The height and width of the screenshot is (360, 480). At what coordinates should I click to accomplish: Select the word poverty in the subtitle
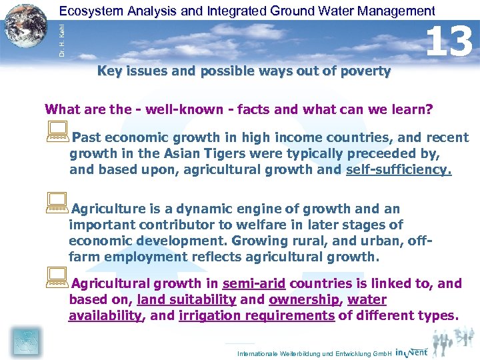[367, 71]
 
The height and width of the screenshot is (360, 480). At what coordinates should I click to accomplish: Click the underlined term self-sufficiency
[399, 169]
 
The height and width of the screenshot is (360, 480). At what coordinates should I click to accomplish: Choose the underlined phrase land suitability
[186, 299]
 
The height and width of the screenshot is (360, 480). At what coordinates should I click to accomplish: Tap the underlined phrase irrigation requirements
[257, 315]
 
